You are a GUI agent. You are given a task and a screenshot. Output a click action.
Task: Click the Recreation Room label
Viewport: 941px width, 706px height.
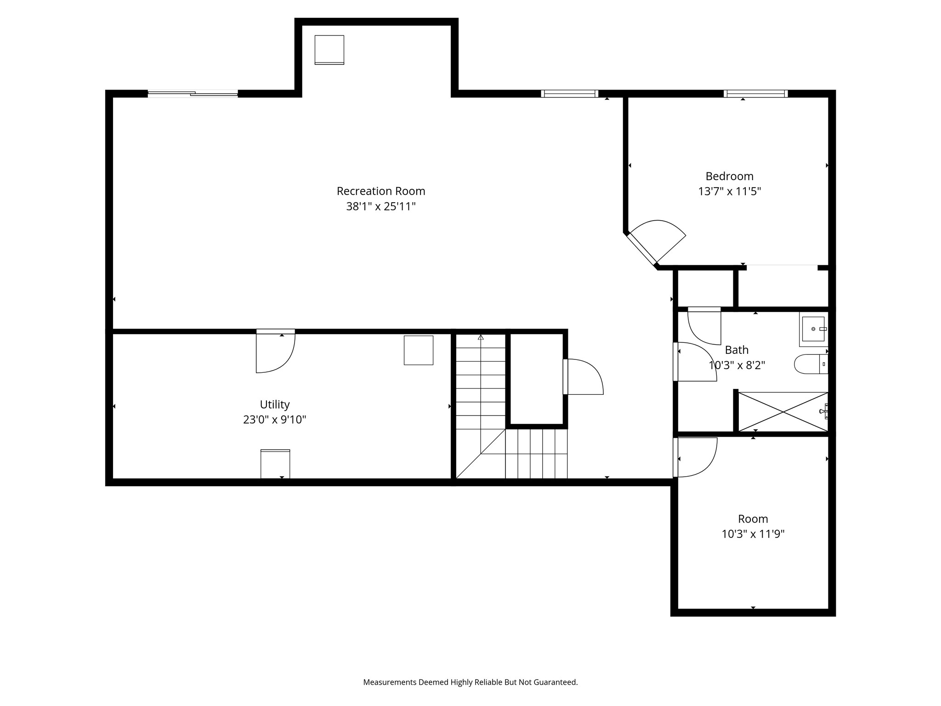(x=381, y=191)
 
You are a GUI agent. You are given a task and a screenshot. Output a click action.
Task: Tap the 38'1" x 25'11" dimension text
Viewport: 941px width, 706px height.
(x=381, y=206)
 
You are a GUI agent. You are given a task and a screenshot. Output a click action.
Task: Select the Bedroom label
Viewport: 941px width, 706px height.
(x=730, y=176)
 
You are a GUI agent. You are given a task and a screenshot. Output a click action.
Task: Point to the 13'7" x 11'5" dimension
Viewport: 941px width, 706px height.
(x=730, y=191)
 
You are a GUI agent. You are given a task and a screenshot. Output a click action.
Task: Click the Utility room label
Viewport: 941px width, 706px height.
(x=275, y=404)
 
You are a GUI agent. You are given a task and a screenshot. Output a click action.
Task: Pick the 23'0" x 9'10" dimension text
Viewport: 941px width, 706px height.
(x=275, y=420)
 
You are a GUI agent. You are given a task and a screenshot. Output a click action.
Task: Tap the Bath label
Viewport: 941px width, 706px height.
(x=737, y=350)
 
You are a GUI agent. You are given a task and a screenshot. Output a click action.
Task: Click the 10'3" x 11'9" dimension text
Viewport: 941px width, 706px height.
(x=753, y=534)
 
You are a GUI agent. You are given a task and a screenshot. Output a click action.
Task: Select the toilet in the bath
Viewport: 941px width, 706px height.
(x=811, y=364)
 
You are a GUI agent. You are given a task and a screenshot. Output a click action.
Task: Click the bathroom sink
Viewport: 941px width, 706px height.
(x=814, y=329)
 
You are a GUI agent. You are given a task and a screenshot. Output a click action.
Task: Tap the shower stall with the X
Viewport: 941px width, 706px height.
(x=783, y=412)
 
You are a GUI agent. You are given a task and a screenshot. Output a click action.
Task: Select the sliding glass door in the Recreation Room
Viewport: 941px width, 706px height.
(x=193, y=94)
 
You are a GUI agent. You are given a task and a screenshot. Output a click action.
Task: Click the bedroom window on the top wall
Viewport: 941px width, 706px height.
(x=756, y=94)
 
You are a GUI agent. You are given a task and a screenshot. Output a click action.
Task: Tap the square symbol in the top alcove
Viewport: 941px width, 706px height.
(x=329, y=50)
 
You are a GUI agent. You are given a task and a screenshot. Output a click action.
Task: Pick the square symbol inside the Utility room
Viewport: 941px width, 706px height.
(x=419, y=350)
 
